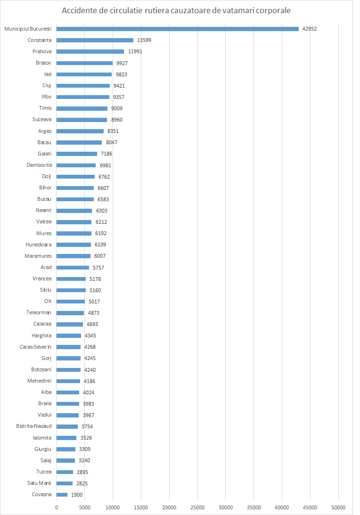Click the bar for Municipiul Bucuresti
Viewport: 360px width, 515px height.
[x=177, y=29]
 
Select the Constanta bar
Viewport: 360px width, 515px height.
[x=95, y=40]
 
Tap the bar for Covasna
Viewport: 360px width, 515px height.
[x=62, y=495]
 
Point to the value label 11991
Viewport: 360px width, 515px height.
[x=135, y=51]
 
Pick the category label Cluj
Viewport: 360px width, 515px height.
[x=46, y=85]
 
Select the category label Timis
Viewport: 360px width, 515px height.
[x=45, y=108]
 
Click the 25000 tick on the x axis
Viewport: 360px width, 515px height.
[x=197, y=507]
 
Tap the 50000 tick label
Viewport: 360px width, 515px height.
[x=338, y=507]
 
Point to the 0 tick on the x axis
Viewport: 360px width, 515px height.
[x=57, y=507]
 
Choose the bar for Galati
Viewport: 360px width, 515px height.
[x=77, y=154]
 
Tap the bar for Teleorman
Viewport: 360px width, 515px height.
[x=70, y=313]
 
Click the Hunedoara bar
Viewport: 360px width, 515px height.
[x=74, y=245]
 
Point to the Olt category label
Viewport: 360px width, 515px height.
[x=47, y=302]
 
